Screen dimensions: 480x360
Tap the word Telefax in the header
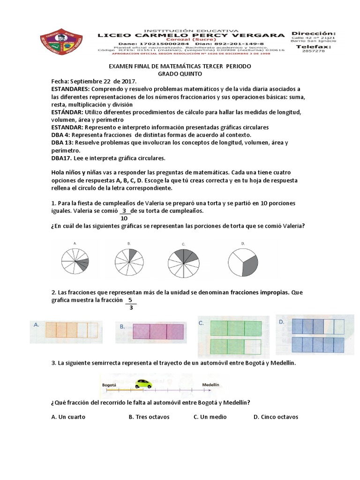313,47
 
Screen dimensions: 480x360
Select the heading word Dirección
313,33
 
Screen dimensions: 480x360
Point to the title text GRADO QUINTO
180,74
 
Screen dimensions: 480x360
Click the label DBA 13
62,142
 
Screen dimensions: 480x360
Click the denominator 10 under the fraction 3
125,218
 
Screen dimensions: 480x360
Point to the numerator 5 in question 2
130,300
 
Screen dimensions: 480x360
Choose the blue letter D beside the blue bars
281,322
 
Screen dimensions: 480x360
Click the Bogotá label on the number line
109,384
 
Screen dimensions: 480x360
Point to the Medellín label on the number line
211,384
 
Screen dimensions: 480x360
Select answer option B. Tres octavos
149,417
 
